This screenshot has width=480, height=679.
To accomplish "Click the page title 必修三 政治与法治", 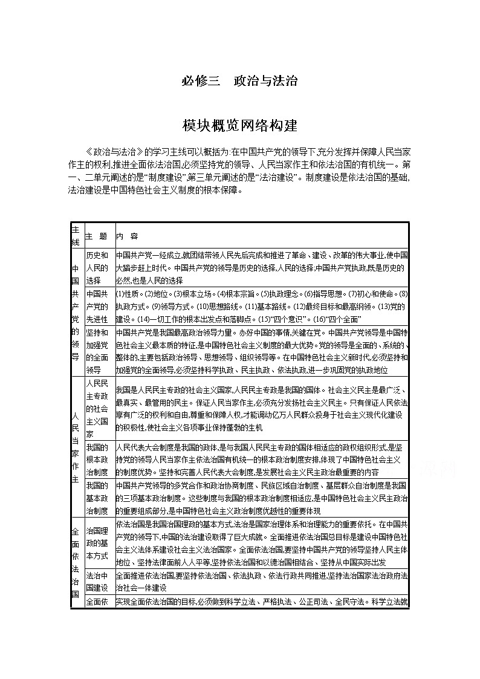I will [x=239, y=80].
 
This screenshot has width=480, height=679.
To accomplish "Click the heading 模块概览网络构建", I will [x=239, y=126].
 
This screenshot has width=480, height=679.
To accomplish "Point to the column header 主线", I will [x=76, y=236].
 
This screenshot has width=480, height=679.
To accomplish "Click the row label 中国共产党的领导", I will [x=76, y=311].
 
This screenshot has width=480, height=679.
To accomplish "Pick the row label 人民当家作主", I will [x=76, y=446].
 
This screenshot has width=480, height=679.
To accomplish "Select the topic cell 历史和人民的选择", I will [x=97, y=267].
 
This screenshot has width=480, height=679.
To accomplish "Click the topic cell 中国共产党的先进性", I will [x=97, y=306].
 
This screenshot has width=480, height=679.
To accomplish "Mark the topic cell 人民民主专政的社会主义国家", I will [x=97, y=409].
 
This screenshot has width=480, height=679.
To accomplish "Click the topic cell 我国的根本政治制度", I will [x=97, y=460].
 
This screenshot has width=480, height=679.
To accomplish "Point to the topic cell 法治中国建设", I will [x=97, y=581].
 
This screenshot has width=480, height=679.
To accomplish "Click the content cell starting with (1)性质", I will [x=262, y=306].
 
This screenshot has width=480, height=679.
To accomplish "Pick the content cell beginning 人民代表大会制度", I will [x=262, y=460].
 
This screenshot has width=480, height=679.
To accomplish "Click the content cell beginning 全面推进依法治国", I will [x=262, y=581].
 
